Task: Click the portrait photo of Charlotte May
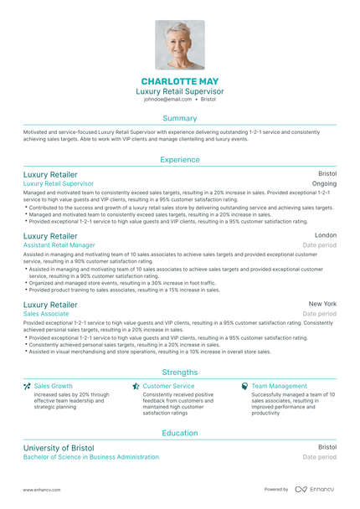click(179, 44)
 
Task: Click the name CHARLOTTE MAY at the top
click(179, 80)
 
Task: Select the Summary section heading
click(180, 118)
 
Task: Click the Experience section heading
click(180, 158)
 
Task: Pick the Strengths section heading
click(180, 372)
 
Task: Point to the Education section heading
click(180, 433)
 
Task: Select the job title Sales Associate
click(47, 313)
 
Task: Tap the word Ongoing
click(324, 183)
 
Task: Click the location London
click(326, 236)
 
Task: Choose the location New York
click(322, 303)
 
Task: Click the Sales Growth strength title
click(53, 386)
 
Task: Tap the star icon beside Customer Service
click(136, 386)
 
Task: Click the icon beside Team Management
click(244, 386)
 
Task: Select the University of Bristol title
click(59, 448)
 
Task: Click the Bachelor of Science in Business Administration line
click(90, 457)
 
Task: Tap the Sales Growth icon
click(27, 386)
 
